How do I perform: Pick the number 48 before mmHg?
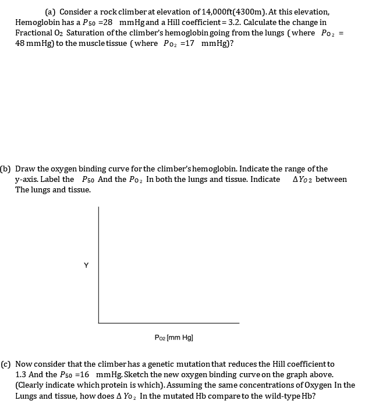point(20,43)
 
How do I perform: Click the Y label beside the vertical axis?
point(86,266)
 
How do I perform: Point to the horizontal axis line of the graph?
point(169,323)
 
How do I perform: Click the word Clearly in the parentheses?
point(33,385)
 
